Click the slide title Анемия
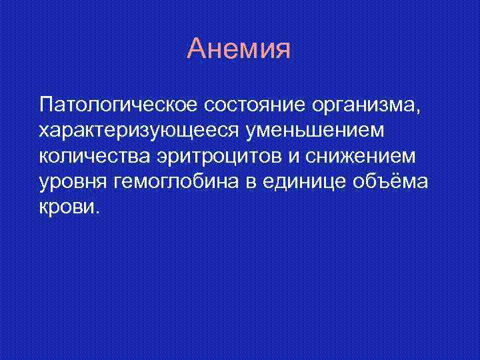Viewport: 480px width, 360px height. click(x=239, y=50)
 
